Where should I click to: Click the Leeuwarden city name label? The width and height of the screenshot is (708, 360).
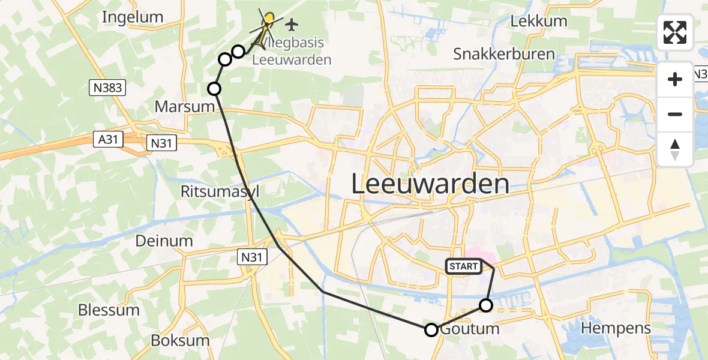pos(430,184)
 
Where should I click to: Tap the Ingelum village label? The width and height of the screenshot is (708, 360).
pos(133,17)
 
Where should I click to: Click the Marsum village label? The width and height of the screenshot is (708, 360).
pos(184,107)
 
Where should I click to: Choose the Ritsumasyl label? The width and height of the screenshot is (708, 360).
pos(220,191)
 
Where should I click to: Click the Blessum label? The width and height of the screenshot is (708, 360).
pos(109,310)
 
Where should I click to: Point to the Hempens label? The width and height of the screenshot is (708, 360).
pos(616,328)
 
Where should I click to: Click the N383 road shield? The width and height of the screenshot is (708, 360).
pos(108,88)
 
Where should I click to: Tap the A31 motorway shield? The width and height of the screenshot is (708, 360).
pos(108,139)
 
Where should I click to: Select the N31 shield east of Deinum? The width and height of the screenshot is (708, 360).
pos(252,257)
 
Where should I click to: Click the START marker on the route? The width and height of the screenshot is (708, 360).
pos(463,266)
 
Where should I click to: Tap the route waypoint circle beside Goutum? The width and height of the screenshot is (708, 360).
pos(431,329)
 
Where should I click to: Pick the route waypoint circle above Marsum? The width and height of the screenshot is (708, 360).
pos(214,89)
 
